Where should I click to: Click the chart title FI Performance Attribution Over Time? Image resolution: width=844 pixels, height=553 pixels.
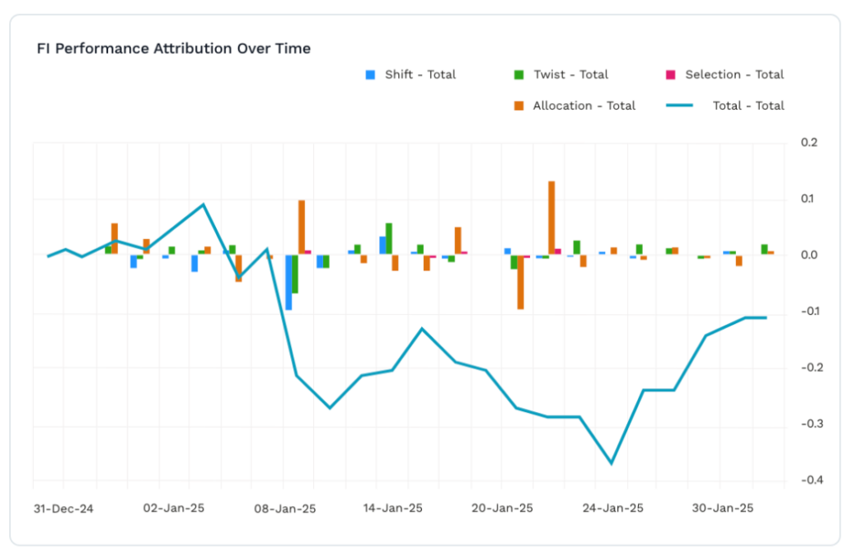[x=173, y=49]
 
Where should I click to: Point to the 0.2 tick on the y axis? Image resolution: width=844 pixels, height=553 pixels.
[x=809, y=143]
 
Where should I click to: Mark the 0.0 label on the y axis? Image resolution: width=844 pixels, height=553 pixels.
[x=809, y=255]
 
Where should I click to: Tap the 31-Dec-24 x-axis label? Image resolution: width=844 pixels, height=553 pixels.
[x=63, y=508]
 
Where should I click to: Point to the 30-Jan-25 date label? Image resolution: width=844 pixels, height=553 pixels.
[x=721, y=508]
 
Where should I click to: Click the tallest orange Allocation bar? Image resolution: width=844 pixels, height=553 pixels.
[x=551, y=218]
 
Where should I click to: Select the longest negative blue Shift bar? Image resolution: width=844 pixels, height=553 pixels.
[x=288, y=282]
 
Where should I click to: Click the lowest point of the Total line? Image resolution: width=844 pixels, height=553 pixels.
[x=612, y=463]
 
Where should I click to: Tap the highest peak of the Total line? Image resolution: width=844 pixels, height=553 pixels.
[x=204, y=204]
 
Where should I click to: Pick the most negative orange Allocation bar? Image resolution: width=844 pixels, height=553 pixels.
[x=521, y=282]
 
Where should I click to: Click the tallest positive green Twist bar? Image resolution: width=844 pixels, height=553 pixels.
[x=389, y=238]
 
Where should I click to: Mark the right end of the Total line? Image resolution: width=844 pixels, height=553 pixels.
[x=767, y=317]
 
